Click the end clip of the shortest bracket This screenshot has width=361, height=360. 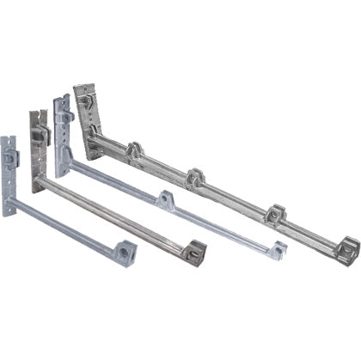(125, 253)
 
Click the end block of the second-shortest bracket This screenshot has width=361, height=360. (194, 251)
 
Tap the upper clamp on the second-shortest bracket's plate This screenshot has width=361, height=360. (40, 136)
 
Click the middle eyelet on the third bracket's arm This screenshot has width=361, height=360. (165, 200)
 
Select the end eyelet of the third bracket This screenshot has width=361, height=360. (276, 250)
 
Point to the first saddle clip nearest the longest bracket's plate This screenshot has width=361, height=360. (135, 154)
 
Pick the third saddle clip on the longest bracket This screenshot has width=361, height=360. (275, 212)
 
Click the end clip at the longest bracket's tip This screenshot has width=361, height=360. (347, 250)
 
